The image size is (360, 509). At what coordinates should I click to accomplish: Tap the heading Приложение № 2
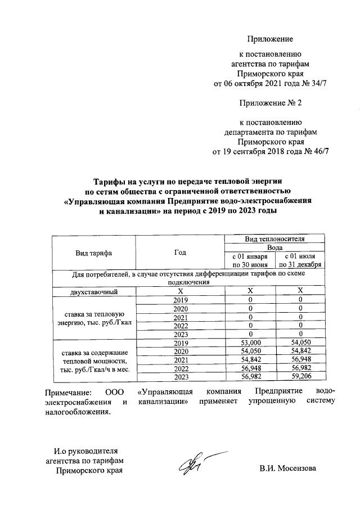point(271,103)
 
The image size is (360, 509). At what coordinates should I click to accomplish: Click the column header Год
point(180,253)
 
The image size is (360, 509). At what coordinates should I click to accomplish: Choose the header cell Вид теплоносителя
point(274,239)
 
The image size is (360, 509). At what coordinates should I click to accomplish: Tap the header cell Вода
point(274,247)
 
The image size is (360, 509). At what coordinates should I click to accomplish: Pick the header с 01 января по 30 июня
point(249,260)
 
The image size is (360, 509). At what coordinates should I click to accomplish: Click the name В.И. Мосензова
point(287,469)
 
